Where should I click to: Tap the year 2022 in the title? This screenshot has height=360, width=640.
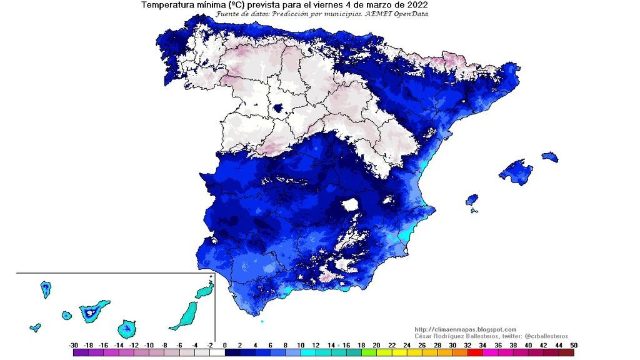pos(414,5)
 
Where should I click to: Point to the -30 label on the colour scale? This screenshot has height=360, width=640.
pos(74,345)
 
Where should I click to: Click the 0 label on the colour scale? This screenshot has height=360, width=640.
pos(224,345)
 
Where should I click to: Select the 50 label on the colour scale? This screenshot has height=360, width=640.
pos(573,345)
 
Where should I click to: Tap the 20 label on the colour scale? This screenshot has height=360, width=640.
pos(376,345)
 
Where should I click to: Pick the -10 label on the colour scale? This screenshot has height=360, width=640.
pos(149,345)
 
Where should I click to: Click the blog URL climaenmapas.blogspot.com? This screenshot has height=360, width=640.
pos(466,329)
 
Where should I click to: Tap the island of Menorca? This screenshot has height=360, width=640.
pos(550,156)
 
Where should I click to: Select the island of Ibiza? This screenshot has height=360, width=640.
pos(472,200)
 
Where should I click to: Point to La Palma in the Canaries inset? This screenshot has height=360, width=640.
pos(46,289)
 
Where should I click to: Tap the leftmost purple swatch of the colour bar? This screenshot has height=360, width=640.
pos(81,353)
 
